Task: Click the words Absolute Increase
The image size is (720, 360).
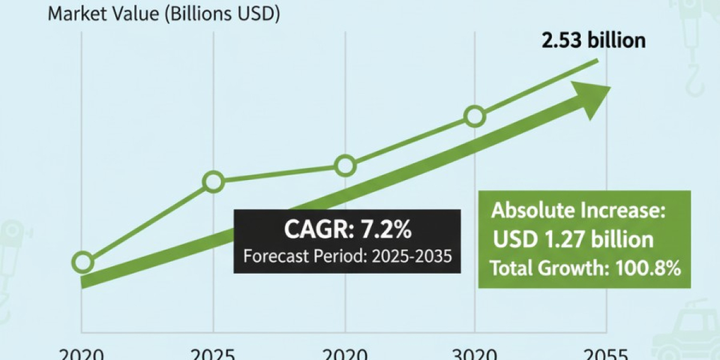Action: [x=580, y=211]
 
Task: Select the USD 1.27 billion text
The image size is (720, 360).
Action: [x=573, y=239]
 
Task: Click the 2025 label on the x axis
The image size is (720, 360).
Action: [x=213, y=353]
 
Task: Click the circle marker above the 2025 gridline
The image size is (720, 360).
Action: [x=214, y=181]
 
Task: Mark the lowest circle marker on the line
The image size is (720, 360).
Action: [x=83, y=262]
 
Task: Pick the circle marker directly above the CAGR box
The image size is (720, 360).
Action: [x=345, y=165]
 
